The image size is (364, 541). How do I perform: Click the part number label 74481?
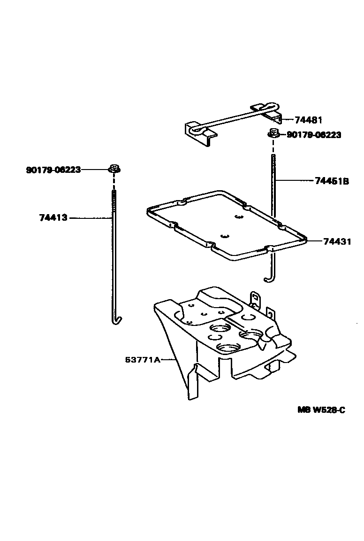[308, 120]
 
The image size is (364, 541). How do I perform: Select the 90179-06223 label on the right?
[313, 135]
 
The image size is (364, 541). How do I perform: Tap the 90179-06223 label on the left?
[53, 170]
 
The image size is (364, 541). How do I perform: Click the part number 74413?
[53, 218]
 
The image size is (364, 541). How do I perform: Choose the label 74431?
[337, 242]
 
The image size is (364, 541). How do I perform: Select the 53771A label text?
[142, 360]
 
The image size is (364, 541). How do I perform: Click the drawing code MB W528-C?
[321, 410]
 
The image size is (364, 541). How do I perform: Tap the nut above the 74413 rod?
[114, 168]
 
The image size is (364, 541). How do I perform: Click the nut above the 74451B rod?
[273, 133]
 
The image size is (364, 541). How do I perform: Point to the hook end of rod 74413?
[116, 320]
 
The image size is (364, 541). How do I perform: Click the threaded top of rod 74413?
[114, 200]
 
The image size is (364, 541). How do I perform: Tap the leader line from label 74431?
[314, 242]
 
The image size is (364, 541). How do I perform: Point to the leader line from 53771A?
[169, 360]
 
